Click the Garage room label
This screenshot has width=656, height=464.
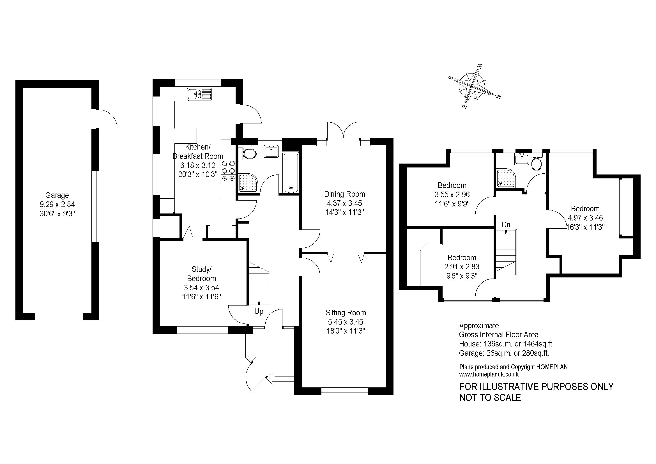point(57,195)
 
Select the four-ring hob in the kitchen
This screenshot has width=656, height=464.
point(229,171)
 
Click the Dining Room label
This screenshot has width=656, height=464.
point(345,194)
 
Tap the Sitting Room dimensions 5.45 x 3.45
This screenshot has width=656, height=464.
point(346,322)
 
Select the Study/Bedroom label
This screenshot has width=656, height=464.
point(201,274)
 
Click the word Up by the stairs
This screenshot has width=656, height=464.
point(259,311)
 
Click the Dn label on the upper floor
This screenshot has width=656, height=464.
point(506,225)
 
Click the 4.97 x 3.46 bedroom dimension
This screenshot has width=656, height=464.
point(585,218)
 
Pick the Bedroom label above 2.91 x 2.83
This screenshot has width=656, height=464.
point(462,258)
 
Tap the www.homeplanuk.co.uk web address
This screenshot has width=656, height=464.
point(489,374)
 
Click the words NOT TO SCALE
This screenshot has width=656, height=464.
point(490,398)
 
